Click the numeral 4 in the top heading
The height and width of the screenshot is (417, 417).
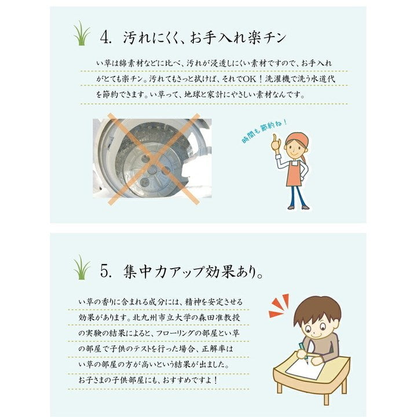[x=105, y=38]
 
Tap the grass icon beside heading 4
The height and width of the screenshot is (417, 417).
[x=82, y=35]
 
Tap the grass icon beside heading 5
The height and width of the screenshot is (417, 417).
[x=82, y=268]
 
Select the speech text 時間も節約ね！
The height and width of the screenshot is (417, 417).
[x=264, y=132]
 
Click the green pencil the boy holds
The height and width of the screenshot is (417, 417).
[x=302, y=348]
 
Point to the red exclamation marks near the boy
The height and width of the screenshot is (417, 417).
[x=279, y=307]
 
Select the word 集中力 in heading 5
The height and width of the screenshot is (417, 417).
[x=148, y=272]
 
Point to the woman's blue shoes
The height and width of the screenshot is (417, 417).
[x=298, y=207]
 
